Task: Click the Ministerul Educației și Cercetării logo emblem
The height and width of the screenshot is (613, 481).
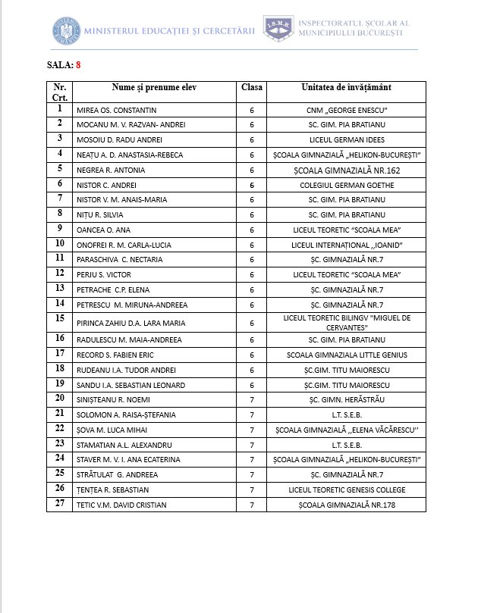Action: coord(66,30)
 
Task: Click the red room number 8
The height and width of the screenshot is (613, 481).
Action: coord(78,65)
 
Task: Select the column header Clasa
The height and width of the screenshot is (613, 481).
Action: coord(252,88)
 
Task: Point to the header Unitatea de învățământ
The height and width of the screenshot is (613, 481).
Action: coord(346,88)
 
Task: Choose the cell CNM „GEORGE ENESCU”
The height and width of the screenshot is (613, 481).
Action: coord(347,110)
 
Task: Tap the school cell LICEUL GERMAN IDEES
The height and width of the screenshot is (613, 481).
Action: coord(347,140)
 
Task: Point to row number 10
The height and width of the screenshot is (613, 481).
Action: coord(60,244)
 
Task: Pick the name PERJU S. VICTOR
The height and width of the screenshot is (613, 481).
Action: coord(109,274)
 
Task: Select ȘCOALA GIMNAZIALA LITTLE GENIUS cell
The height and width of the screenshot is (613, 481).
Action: coord(347,355)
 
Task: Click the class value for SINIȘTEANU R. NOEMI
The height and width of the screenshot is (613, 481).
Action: coord(252,399)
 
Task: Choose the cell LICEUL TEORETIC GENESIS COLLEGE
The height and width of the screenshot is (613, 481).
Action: coord(347,489)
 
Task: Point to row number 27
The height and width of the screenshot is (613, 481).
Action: coord(60,504)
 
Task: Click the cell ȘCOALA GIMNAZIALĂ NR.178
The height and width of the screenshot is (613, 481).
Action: coord(347,505)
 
